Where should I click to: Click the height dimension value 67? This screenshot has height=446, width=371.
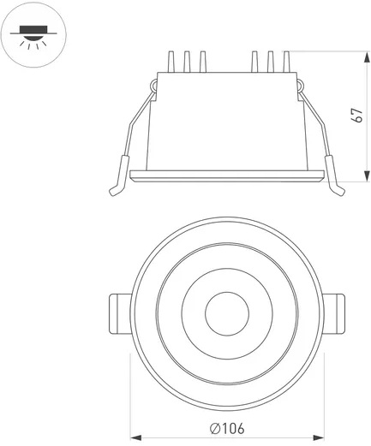pyautogui.click(x=358, y=116)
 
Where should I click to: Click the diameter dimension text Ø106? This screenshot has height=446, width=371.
pyautogui.click(x=227, y=429)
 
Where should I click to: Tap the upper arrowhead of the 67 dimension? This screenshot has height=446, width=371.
pyautogui.click(x=367, y=57)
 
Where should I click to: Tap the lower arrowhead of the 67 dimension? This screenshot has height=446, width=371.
pyautogui.click(x=367, y=175)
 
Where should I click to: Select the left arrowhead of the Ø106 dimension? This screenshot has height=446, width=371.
pyautogui.click(x=136, y=437)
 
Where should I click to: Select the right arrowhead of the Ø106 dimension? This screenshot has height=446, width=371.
pyautogui.click(x=319, y=437)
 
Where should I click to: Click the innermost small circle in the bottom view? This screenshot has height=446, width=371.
pyautogui.click(x=227, y=313)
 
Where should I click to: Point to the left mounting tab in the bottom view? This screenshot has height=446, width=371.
pyautogui.click(x=121, y=313)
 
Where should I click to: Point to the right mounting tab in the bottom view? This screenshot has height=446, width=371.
pyautogui.click(x=333, y=313)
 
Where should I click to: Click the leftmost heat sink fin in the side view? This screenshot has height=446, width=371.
pyautogui.click(x=171, y=62)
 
